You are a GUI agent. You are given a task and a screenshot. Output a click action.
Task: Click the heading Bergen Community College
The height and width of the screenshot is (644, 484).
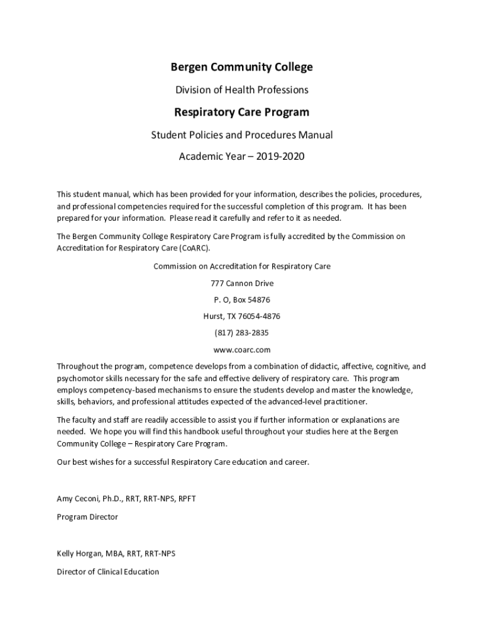[242, 67]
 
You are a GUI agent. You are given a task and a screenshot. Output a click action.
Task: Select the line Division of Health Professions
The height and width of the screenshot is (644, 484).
[242, 90]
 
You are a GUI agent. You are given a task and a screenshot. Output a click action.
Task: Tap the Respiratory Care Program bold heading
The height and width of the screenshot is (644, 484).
[242, 113]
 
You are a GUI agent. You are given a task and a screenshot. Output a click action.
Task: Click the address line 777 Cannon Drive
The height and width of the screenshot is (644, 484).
[242, 283]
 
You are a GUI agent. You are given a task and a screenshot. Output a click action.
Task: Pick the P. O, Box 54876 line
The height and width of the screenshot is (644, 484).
[242, 299]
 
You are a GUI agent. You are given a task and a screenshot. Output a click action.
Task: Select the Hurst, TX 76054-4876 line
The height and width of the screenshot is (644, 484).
[242, 316]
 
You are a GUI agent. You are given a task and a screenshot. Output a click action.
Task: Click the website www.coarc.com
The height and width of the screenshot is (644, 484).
[242, 349]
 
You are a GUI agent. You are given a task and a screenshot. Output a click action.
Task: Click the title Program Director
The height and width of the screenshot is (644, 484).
[87, 517]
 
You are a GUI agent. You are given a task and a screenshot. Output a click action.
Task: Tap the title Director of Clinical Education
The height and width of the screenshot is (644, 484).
[108, 572]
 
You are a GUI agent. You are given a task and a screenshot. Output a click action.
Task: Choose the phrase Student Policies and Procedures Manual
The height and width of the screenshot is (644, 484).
[242, 135]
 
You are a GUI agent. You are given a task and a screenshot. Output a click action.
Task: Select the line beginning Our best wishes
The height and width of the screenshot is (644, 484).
[183, 462]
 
